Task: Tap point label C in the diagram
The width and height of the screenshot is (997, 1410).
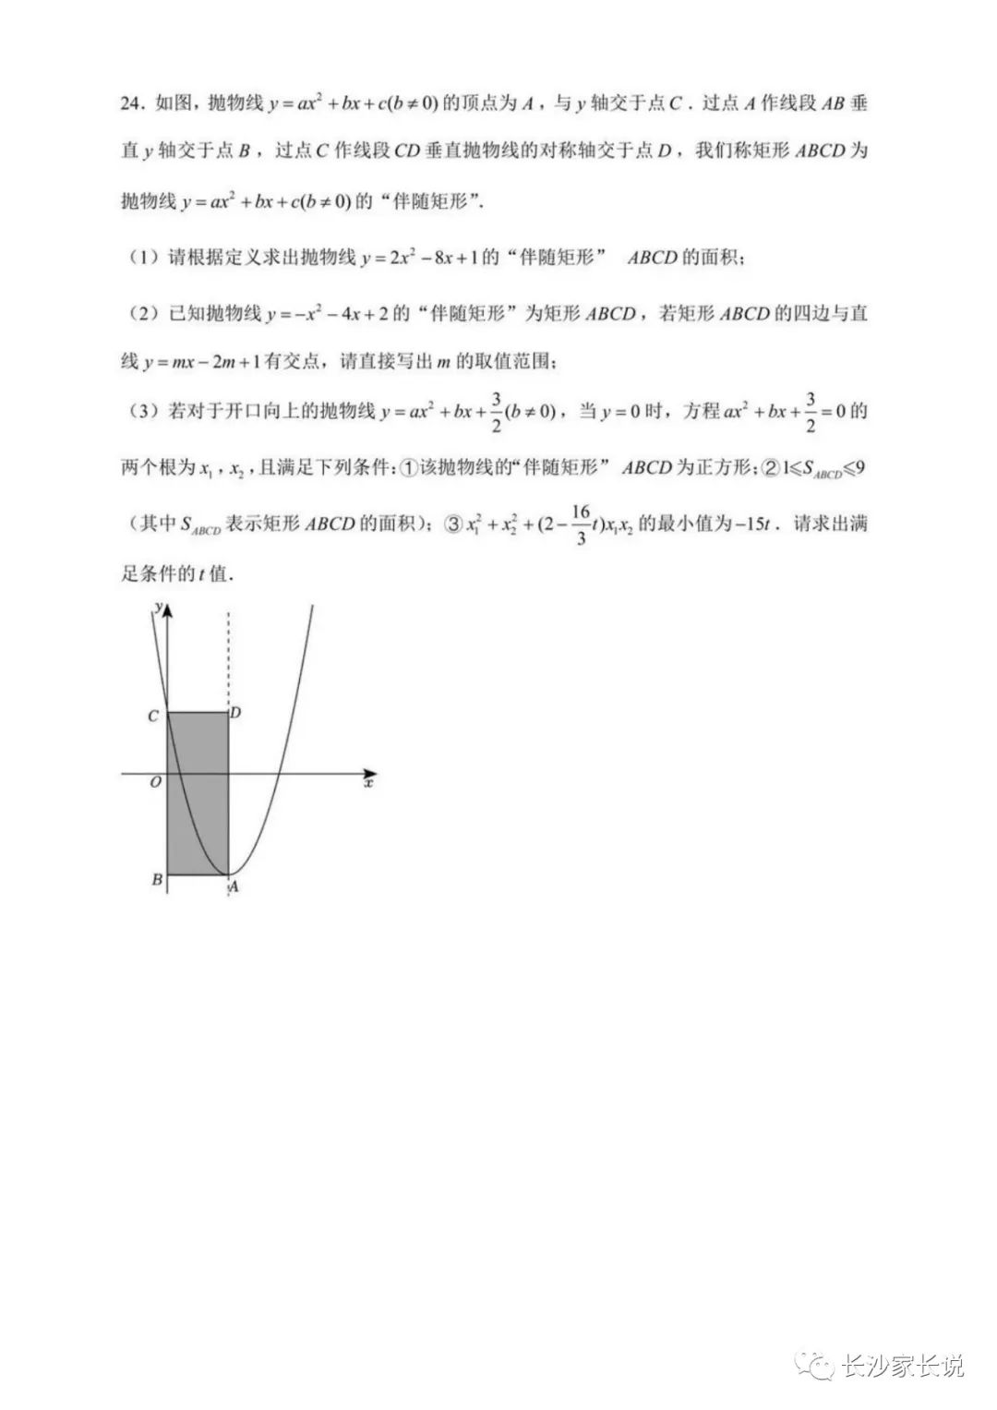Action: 155,716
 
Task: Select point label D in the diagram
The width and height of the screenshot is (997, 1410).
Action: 236,712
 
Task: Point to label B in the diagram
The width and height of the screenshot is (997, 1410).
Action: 157,879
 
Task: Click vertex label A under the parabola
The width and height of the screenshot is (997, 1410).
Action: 234,886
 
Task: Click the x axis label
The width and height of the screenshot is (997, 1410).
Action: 368,783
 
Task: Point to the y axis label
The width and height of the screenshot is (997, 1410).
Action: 160,607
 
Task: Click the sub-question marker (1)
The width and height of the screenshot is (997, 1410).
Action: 144,259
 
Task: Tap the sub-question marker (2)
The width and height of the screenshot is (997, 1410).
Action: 144,314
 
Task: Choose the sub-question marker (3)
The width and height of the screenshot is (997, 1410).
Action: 144,413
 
